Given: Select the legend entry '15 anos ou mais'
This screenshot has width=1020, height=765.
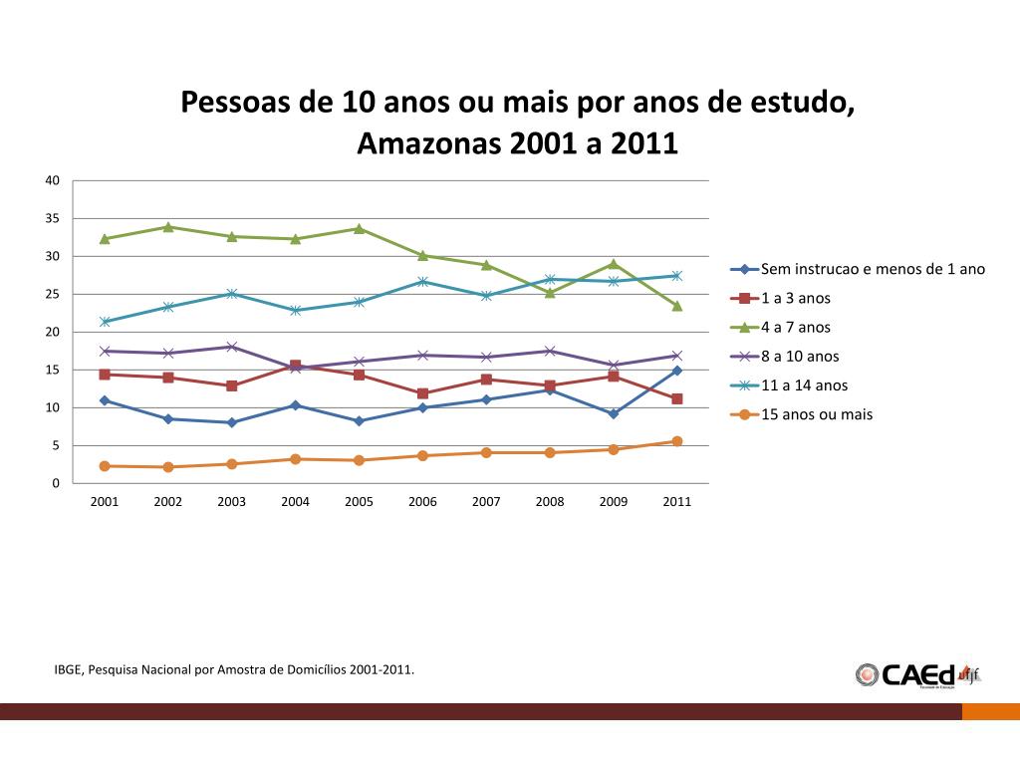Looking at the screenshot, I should (816, 414).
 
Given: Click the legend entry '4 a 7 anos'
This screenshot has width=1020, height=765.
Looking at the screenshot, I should (795, 328).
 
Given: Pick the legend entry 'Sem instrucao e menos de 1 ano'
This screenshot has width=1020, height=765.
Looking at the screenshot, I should (873, 269).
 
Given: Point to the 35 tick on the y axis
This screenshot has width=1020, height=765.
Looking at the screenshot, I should (53, 218).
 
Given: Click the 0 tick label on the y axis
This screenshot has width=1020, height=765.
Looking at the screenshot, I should (56, 484).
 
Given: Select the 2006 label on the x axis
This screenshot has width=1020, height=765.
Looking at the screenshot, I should (422, 502).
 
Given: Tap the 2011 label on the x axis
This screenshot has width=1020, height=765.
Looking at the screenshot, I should (677, 502).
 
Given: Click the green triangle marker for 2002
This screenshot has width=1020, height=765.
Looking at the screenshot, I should (168, 227).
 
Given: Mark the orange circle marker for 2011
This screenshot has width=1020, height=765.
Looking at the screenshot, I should (677, 441).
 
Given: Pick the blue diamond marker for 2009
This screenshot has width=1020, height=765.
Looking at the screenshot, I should (614, 413).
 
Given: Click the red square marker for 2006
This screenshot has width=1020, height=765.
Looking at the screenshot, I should (422, 393).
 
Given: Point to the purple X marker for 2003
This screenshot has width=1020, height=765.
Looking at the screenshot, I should (232, 347).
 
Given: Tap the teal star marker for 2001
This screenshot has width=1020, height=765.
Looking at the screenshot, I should (105, 322).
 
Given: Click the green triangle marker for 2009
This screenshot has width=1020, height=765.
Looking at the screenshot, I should (614, 264).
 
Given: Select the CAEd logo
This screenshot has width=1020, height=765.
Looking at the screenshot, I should (917, 674).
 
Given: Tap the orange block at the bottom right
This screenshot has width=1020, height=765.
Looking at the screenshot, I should (990, 711).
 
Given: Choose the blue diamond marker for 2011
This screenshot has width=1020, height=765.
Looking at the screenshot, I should (677, 371).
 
